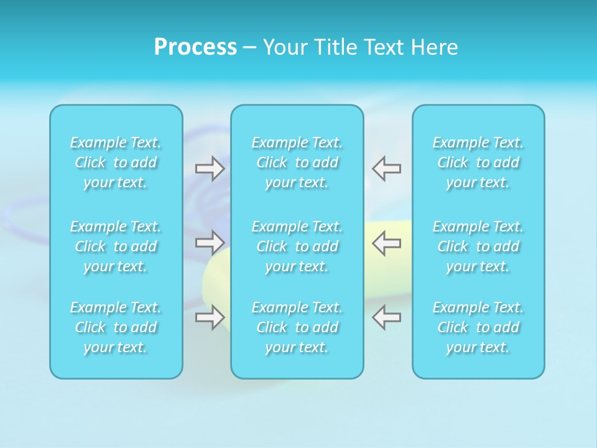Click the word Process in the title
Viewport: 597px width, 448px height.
point(195,47)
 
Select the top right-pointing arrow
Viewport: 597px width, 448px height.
point(210,169)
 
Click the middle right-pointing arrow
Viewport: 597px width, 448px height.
point(210,241)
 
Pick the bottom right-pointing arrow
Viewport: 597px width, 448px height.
point(210,317)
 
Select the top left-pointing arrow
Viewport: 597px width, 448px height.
point(386,169)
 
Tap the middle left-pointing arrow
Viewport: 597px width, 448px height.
point(386,242)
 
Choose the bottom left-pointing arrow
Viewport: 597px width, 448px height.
point(386,317)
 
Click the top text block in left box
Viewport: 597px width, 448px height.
point(116,162)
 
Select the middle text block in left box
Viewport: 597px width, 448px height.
point(116,246)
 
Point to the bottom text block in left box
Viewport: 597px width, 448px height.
point(116,327)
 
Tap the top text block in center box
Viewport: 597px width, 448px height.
point(297,162)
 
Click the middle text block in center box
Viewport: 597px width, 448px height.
point(297,246)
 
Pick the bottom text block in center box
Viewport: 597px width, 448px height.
point(297,327)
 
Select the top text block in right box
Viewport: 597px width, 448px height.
point(478,162)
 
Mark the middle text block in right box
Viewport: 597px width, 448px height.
point(478,246)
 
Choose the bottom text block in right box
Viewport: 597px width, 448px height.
point(478,327)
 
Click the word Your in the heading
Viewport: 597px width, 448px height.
point(285,47)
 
